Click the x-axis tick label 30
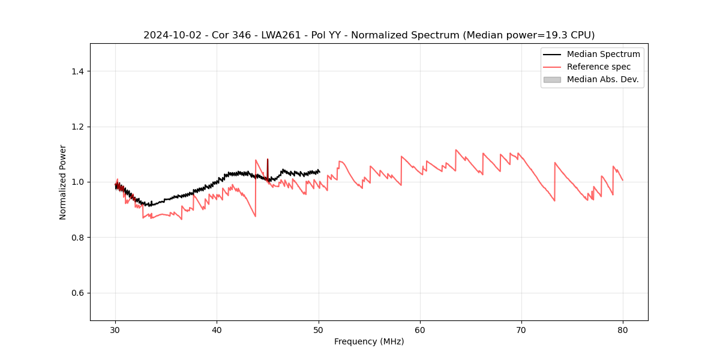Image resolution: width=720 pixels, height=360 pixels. pos(116,329)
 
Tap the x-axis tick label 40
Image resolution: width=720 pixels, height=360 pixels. pos(217,329)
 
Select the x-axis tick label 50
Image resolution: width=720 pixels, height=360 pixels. pos(319,329)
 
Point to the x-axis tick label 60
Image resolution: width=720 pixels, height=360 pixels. pos(420,329)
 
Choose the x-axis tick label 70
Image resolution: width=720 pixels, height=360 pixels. pos(521,329)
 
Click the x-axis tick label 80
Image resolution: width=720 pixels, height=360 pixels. pos(623,329)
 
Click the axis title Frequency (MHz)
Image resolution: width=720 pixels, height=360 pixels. pos(369,341)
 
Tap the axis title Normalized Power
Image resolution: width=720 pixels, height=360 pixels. pos(63,182)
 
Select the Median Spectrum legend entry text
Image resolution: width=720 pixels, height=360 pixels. pos(603,54)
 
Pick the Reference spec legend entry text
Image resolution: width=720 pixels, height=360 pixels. pos(598,67)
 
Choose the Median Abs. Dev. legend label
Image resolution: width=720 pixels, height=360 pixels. pos(602,79)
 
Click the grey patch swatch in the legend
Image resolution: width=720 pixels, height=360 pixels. pos(552,79)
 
